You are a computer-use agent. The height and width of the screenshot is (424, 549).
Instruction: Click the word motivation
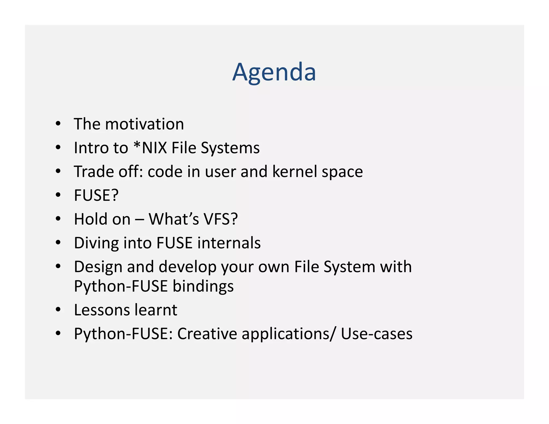144,124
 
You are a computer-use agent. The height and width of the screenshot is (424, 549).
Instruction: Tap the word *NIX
150,148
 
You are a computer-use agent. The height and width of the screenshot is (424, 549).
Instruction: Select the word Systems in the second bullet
230,148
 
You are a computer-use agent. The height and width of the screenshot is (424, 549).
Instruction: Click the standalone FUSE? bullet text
96,195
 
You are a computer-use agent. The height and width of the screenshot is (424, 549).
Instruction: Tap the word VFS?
221,219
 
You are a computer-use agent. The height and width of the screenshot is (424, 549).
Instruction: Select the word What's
174,219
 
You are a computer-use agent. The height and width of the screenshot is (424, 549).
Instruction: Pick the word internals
229,243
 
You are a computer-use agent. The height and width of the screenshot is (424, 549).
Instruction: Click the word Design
98,267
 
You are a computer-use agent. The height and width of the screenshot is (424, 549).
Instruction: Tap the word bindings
203,286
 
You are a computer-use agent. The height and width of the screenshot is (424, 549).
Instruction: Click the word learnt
156,310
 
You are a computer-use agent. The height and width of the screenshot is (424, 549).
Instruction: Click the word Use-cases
376,334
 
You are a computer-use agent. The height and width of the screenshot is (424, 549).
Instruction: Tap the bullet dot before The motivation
58,124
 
